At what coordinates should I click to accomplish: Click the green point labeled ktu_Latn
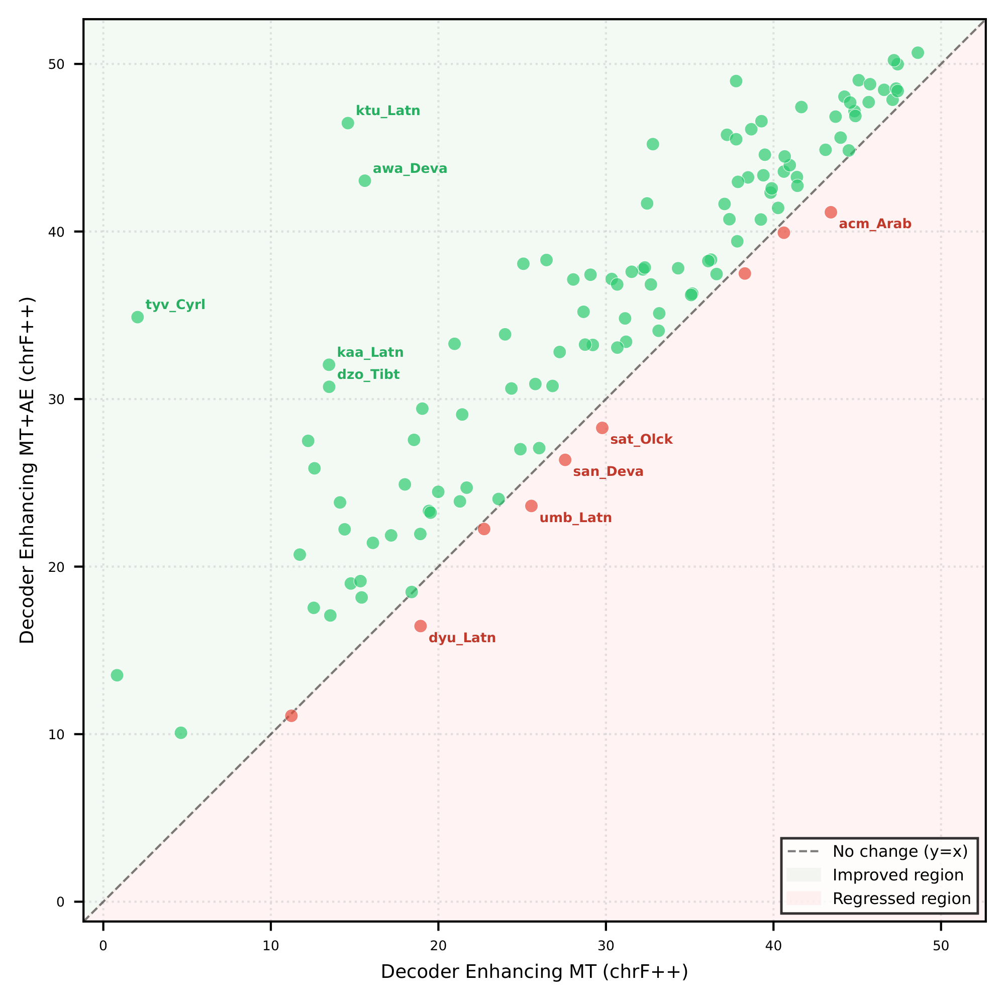348,123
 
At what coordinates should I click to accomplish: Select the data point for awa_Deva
365,181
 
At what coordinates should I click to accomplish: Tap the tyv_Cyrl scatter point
137,318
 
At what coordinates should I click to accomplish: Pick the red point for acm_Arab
831,212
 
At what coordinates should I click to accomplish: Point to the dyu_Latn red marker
420,627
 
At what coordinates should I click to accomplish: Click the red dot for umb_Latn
531,506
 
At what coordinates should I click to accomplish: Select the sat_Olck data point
602,428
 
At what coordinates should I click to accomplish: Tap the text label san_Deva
608,472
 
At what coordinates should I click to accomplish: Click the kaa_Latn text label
370,353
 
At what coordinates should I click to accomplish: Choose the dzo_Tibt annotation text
368,374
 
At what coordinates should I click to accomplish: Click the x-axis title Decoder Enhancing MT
534,972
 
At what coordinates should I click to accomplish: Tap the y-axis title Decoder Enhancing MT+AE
27,470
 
